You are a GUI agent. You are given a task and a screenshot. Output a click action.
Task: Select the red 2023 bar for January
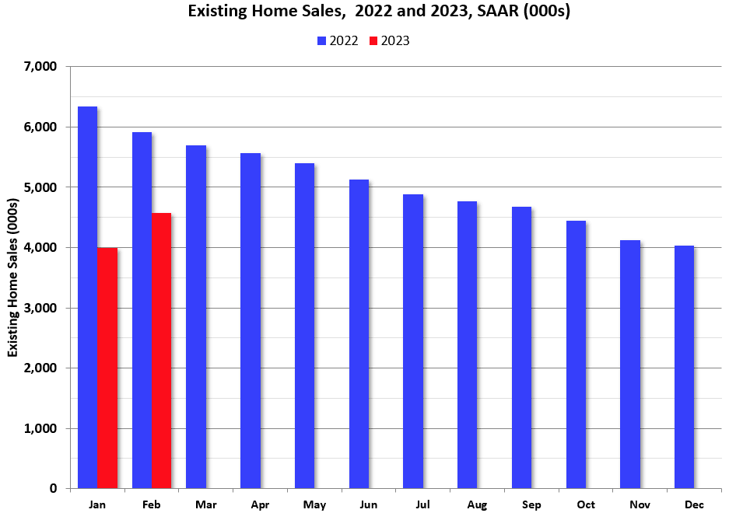(x=107, y=368)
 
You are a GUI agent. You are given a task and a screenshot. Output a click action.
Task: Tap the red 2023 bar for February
(x=162, y=351)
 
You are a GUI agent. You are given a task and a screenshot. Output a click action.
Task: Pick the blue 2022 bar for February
(x=142, y=311)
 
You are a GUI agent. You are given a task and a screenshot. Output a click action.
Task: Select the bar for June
(x=359, y=334)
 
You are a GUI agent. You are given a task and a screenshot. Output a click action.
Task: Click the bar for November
(x=629, y=365)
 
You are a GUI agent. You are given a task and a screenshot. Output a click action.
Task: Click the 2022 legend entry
(x=337, y=41)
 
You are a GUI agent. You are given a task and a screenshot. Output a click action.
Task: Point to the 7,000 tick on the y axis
(x=41, y=67)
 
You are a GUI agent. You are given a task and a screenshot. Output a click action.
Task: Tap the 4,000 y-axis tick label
(x=41, y=248)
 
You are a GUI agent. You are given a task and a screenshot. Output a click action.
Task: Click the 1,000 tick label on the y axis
(x=41, y=429)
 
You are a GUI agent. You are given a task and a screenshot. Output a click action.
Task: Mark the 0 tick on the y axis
(x=54, y=489)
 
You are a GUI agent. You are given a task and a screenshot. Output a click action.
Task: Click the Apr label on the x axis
(x=260, y=505)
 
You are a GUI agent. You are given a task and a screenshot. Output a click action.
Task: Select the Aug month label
(x=477, y=505)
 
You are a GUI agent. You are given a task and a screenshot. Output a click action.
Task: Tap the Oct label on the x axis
(x=586, y=505)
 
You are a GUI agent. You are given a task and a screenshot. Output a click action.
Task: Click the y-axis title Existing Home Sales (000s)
(x=13, y=278)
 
